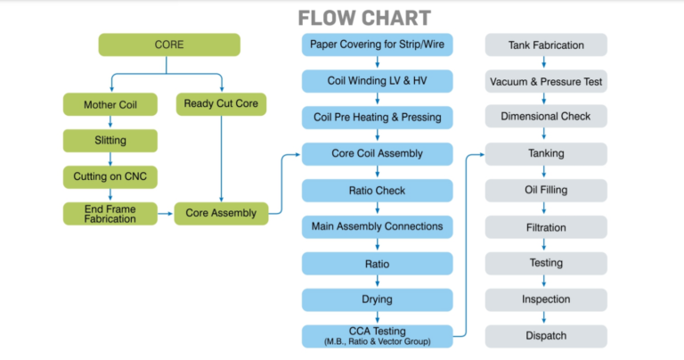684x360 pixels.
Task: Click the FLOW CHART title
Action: point(363,18)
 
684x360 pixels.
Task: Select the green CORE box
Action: point(169,45)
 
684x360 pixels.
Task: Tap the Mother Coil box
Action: point(110,104)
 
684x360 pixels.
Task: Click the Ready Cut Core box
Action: point(221,104)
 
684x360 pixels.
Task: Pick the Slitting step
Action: point(110,141)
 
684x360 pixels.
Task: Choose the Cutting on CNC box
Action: point(110,176)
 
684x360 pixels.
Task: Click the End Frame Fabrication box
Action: point(110,213)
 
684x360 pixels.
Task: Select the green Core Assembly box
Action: point(221,213)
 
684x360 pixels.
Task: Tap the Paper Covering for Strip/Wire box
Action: point(378,45)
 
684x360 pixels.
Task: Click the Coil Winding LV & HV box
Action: point(378,81)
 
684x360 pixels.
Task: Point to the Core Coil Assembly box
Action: point(378,154)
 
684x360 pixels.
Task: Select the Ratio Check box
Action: point(378,191)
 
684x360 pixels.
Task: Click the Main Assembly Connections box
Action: point(378,226)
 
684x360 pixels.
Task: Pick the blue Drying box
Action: point(378,299)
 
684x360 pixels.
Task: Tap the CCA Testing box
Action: point(378,336)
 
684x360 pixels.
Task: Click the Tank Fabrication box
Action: point(546,45)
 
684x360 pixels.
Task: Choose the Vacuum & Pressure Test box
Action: point(546,81)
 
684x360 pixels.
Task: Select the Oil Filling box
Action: point(546,190)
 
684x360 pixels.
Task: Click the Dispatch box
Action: point(546,336)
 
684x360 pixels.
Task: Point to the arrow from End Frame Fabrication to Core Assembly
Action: point(166,213)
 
